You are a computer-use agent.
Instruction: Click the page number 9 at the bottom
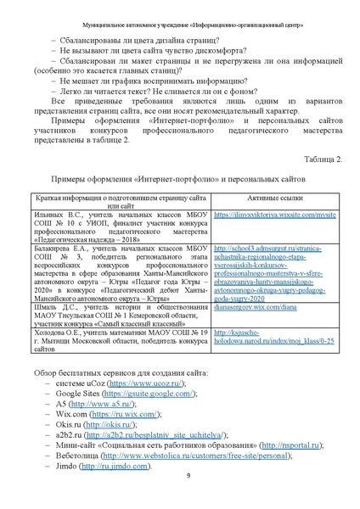coord(188,474)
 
